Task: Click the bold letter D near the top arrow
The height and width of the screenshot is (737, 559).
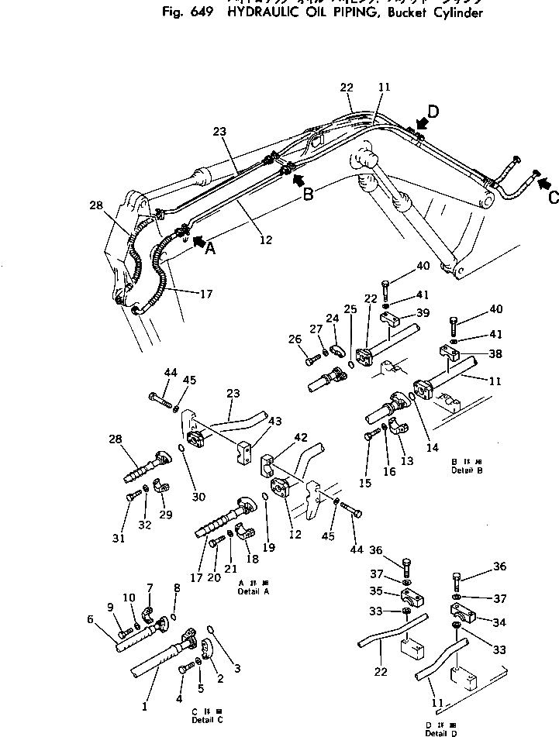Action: point(433,112)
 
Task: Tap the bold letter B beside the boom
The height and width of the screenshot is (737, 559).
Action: point(308,195)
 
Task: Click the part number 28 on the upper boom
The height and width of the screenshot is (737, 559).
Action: point(95,205)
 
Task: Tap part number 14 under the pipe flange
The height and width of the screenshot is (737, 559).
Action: point(432,447)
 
